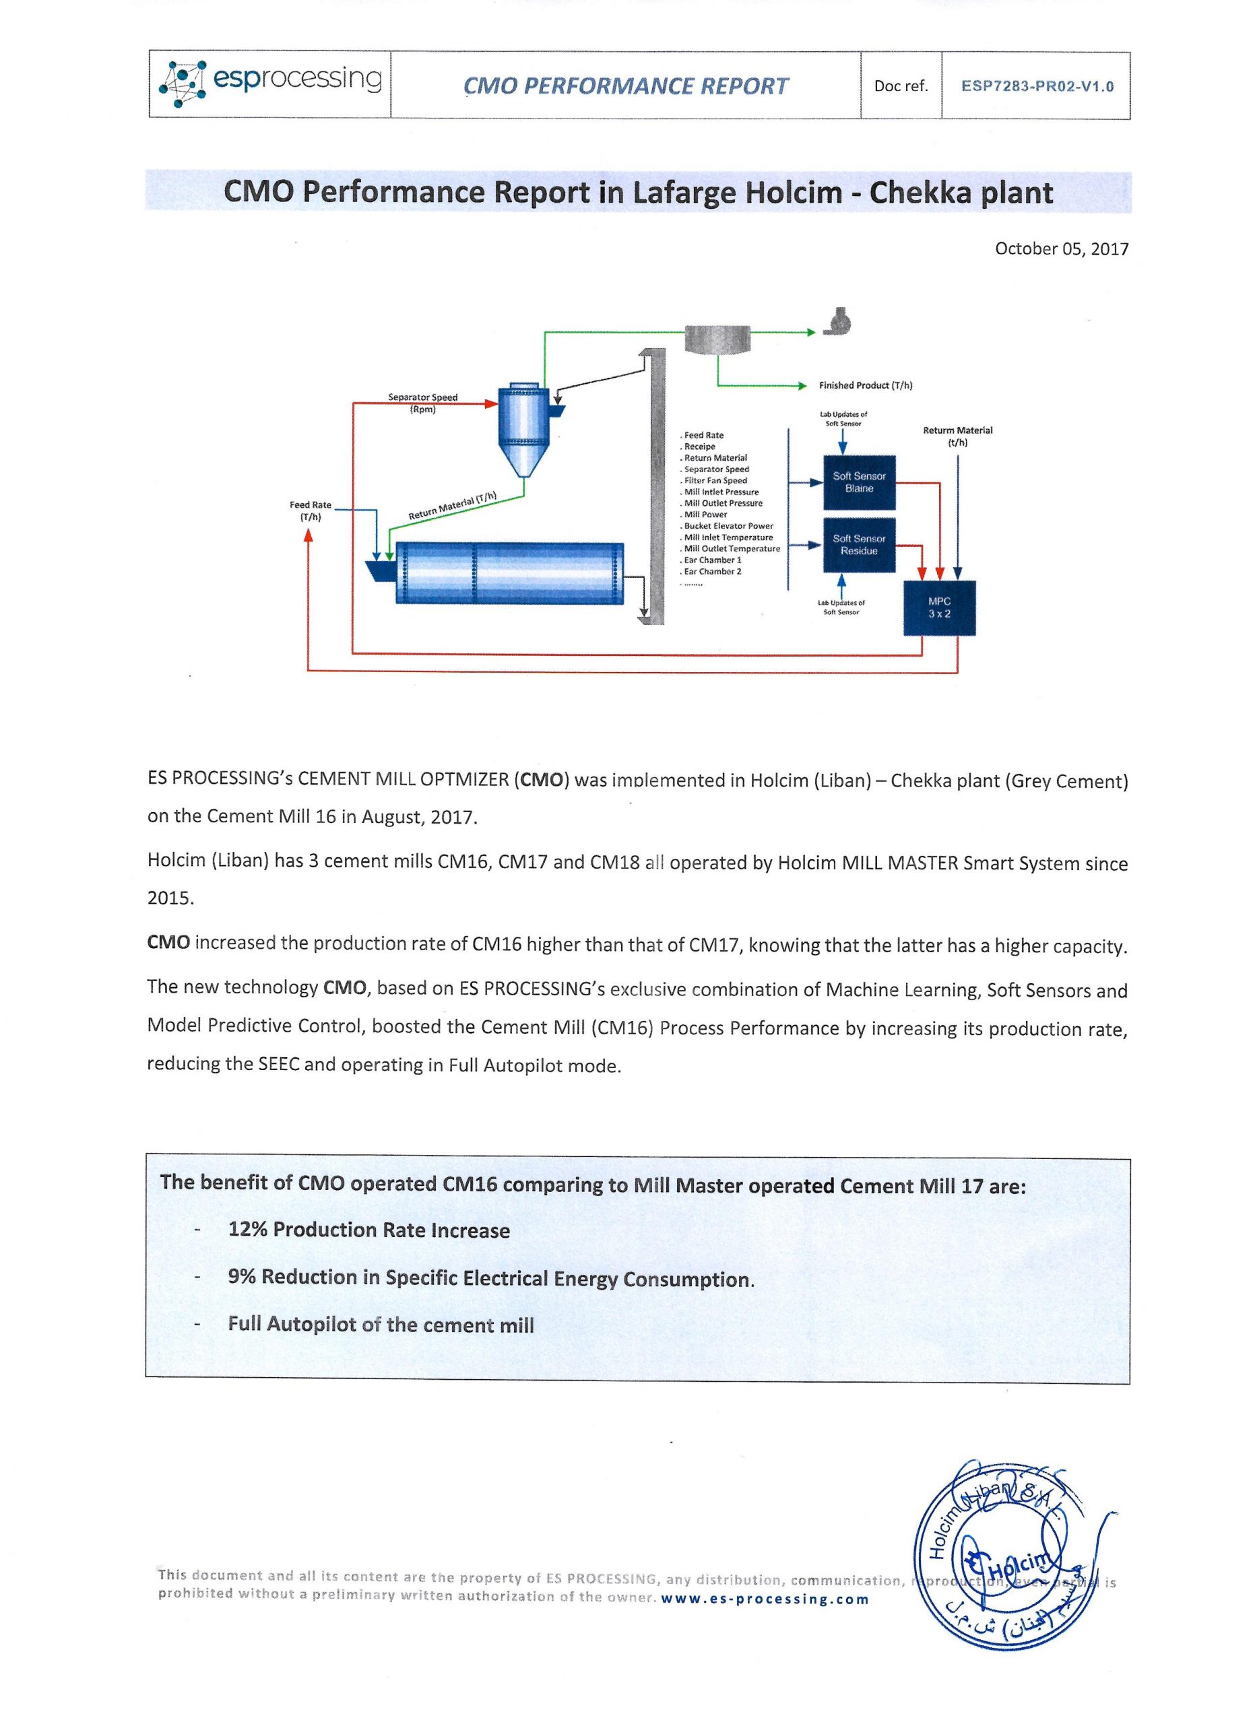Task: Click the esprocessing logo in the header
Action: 270,84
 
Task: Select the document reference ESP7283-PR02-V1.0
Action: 1036,86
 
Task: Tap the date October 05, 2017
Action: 1062,248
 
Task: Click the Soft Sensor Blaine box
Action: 859,482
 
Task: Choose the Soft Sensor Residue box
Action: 859,544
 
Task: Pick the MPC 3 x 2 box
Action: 939,607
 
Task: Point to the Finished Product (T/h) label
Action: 865,385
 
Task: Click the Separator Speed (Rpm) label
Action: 423,403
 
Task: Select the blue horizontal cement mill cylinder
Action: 509,572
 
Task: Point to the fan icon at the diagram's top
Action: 837,321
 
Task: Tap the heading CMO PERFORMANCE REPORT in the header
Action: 626,86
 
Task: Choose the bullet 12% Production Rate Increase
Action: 368,1230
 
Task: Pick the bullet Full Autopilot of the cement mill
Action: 381,1324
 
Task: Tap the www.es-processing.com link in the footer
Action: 765,1599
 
